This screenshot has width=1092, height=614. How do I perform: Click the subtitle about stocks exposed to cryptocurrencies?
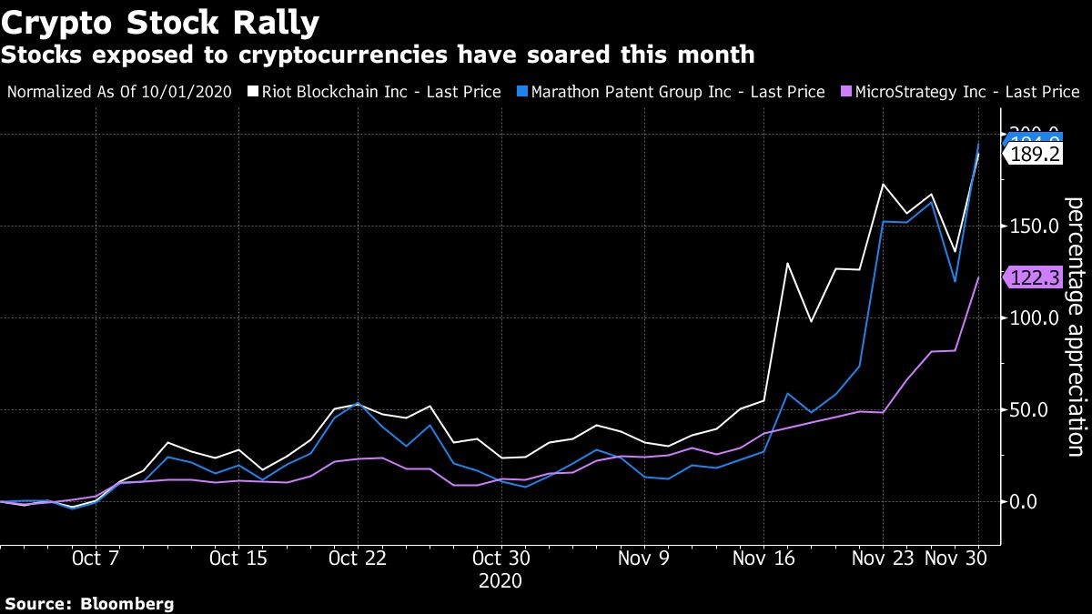click(378, 55)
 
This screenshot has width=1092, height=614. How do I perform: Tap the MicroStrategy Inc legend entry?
click(963, 92)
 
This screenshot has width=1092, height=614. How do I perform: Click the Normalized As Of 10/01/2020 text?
click(120, 92)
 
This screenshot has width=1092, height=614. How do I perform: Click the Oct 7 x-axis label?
click(96, 558)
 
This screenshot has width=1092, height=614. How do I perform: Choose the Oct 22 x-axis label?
click(358, 558)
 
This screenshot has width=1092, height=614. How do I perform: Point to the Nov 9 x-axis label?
click(644, 558)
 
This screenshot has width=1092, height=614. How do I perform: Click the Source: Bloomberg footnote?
click(89, 603)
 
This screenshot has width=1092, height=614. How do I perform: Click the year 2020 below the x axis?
click(500, 580)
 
